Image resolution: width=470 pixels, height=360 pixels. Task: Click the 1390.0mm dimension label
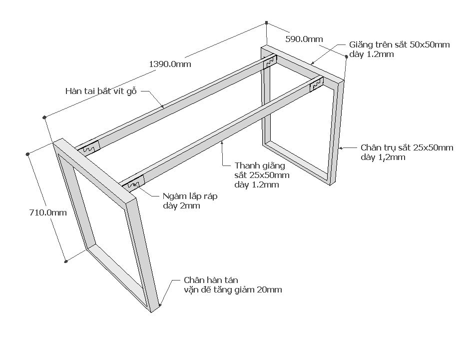click(x=170, y=64)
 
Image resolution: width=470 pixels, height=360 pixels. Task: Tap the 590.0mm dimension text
click(x=304, y=39)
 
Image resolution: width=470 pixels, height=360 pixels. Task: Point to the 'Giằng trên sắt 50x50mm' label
click(x=399, y=44)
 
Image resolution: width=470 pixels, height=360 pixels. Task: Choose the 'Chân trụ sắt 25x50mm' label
click(x=407, y=147)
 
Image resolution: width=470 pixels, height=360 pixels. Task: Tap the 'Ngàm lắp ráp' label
click(x=190, y=196)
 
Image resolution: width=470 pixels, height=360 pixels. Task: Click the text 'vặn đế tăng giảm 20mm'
click(x=232, y=290)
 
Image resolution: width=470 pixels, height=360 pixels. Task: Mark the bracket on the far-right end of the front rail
click(x=316, y=86)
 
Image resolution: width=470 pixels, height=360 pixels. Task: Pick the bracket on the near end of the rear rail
click(x=89, y=148)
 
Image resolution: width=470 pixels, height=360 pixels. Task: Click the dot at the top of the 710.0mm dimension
click(x=28, y=154)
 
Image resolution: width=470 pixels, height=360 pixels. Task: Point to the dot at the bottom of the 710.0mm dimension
click(x=66, y=260)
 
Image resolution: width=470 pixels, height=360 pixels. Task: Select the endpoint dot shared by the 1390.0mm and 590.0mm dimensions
click(x=267, y=23)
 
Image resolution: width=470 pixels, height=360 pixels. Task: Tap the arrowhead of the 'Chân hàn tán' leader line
click(x=160, y=304)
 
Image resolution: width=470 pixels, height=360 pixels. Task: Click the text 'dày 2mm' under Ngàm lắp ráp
click(x=181, y=205)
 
